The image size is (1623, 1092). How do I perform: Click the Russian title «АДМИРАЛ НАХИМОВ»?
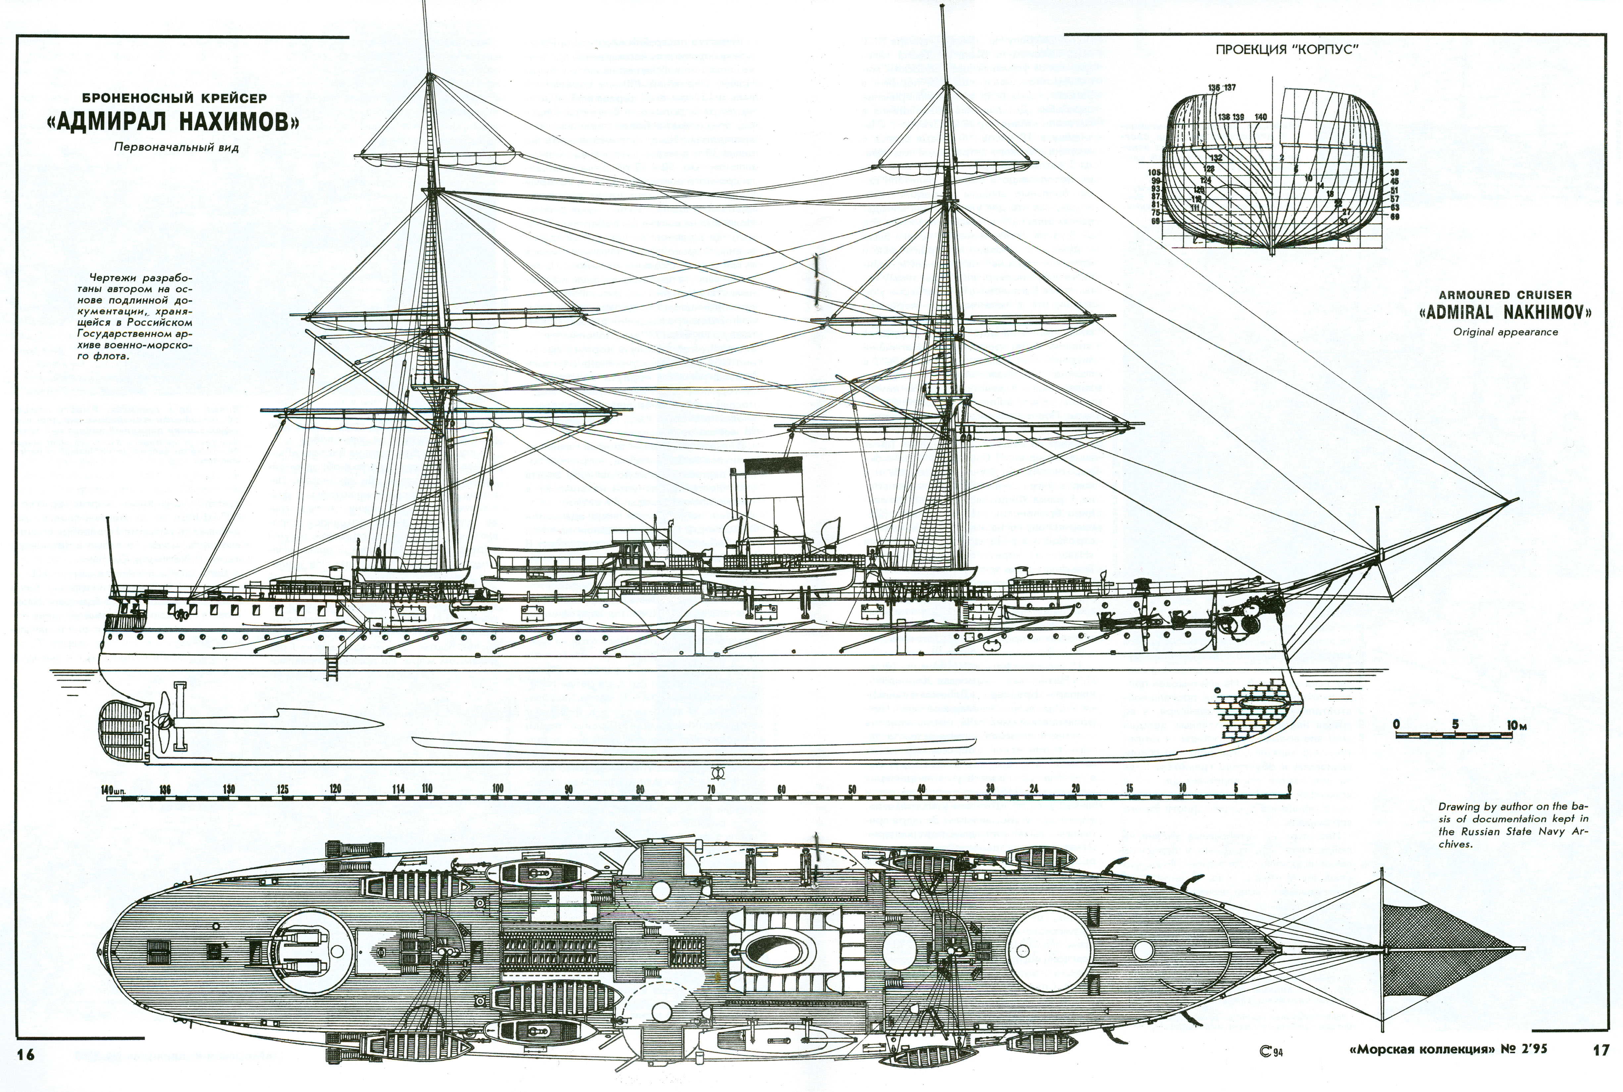(x=174, y=122)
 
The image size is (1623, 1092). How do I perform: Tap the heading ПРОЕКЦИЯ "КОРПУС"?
(x=1287, y=49)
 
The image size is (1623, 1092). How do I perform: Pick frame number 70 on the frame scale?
(x=711, y=789)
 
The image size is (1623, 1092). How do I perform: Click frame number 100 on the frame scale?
(x=497, y=789)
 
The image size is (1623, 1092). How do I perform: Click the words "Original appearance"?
(x=1504, y=332)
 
